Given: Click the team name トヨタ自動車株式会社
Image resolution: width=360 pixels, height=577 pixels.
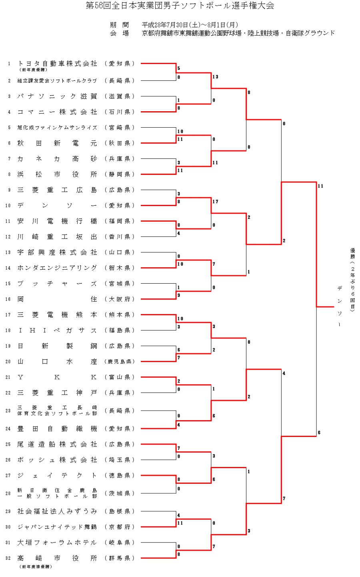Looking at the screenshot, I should [57, 64].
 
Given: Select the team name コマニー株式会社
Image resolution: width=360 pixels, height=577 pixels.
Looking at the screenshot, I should [57, 112].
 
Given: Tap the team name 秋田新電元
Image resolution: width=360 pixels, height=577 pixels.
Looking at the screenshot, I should [57, 143].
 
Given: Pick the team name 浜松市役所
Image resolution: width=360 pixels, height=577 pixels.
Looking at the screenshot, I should [57, 174].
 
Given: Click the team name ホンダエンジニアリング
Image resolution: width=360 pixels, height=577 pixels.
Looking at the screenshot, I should [57, 268].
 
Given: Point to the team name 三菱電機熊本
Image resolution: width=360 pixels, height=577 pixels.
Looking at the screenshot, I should [57, 315].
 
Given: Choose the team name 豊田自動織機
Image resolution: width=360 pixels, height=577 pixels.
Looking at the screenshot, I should [57, 429].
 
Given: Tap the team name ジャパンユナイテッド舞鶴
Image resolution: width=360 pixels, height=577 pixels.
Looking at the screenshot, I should [57, 527].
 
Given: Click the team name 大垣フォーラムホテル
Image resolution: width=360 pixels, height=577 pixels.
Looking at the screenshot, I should [57, 543].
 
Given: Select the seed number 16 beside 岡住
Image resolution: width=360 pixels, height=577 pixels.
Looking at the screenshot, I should [8, 299].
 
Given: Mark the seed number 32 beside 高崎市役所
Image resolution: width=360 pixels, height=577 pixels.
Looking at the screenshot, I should [8, 558].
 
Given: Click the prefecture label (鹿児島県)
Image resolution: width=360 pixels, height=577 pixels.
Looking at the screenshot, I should [120, 362].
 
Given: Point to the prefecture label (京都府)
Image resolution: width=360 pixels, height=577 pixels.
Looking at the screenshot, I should [120, 527].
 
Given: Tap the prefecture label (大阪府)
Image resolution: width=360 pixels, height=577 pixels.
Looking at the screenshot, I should [120, 299].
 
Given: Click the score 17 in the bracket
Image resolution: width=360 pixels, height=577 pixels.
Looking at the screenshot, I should [215, 202].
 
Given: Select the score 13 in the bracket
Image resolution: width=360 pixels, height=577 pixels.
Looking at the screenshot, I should [215, 77].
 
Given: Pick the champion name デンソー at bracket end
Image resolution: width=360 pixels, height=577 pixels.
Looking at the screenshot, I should [339, 306].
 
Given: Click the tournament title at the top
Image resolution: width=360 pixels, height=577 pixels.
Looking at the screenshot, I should [180, 6].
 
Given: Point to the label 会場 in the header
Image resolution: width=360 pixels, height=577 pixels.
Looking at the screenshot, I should [119, 34].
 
